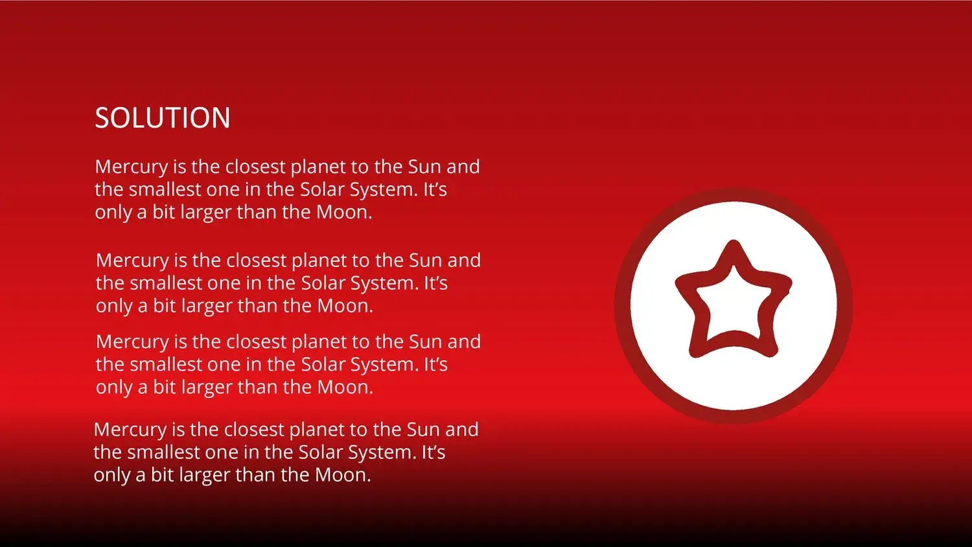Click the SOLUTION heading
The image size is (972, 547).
click(x=162, y=118)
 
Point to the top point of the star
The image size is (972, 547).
click(x=734, y=241)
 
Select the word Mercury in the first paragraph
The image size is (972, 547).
click(x=132, y=167)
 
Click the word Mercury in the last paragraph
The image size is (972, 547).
click(x=130, y=430)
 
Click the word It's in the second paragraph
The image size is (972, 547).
click(x=435, y=283)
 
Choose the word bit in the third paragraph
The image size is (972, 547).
click(x=164, y=387)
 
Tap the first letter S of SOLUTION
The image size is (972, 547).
click(x=102, y=118)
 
